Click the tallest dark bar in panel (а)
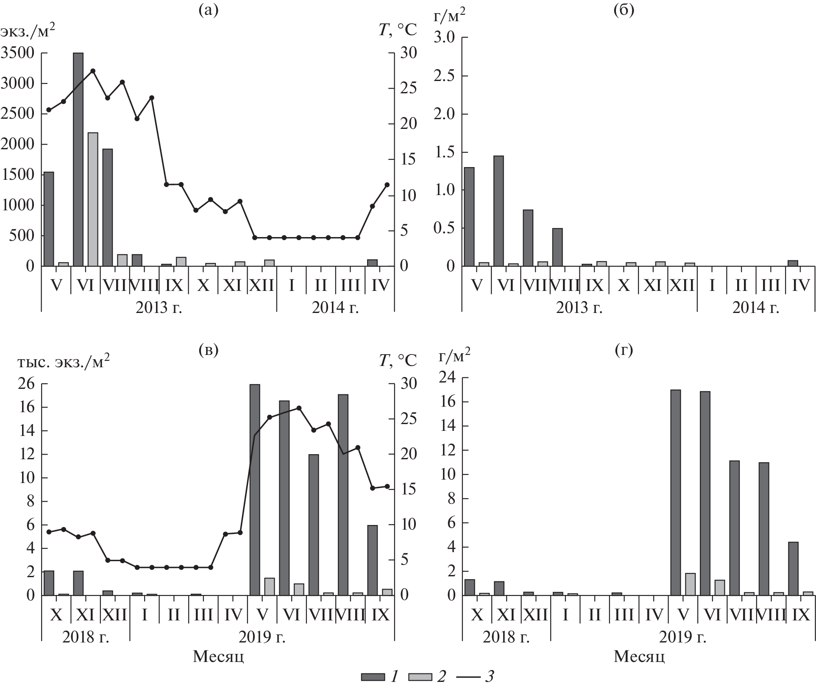78,159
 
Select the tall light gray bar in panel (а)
93,199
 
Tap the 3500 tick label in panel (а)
17,53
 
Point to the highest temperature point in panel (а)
93,71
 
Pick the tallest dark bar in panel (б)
499,211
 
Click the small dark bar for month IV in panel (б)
793,263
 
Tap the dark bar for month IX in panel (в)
372,560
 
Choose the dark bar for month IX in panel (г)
793,568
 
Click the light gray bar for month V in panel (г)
690,584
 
